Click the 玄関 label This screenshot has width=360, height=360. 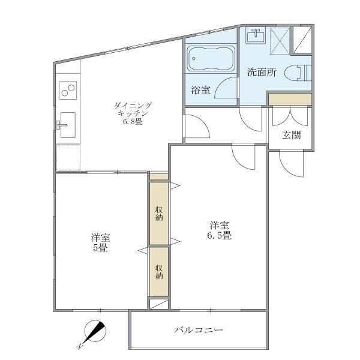coord(292,135)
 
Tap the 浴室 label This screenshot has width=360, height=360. coord(200,91)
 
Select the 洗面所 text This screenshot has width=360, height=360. coord(262,73)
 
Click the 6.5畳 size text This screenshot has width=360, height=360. coord(220,235)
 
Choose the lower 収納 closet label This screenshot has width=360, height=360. coord(159,272)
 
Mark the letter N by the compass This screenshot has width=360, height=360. coord(80,347)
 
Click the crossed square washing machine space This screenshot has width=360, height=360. coord(280,41)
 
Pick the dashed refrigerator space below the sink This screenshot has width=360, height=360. coord(68,157)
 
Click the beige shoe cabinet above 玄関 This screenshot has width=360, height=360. coord(290,98)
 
